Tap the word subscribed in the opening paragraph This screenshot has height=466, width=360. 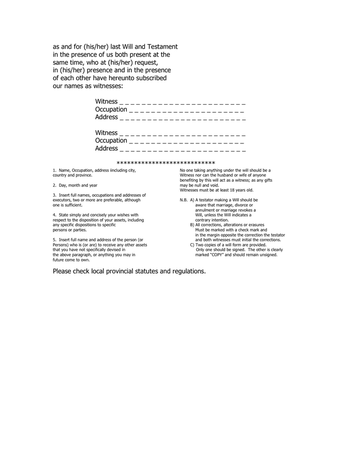(x=151, y=78)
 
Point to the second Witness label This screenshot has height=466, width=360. (x=106, y=133)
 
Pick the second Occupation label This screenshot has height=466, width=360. (x=111, y=141)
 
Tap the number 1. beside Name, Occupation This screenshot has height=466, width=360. (x=55, y=170)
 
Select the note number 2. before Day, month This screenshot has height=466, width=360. (x=55, y=185)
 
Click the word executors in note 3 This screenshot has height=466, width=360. (x=63, y=200)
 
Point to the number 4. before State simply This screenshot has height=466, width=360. (x=55, y=215)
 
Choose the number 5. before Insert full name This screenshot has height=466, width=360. (x=55, y=240)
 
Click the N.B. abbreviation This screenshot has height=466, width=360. (x=184, y=200)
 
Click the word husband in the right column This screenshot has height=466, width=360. (x=230, y=175)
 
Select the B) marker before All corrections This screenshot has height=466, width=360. (x=192, y=225)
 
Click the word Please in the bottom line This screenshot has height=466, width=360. (x=63, y=271)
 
